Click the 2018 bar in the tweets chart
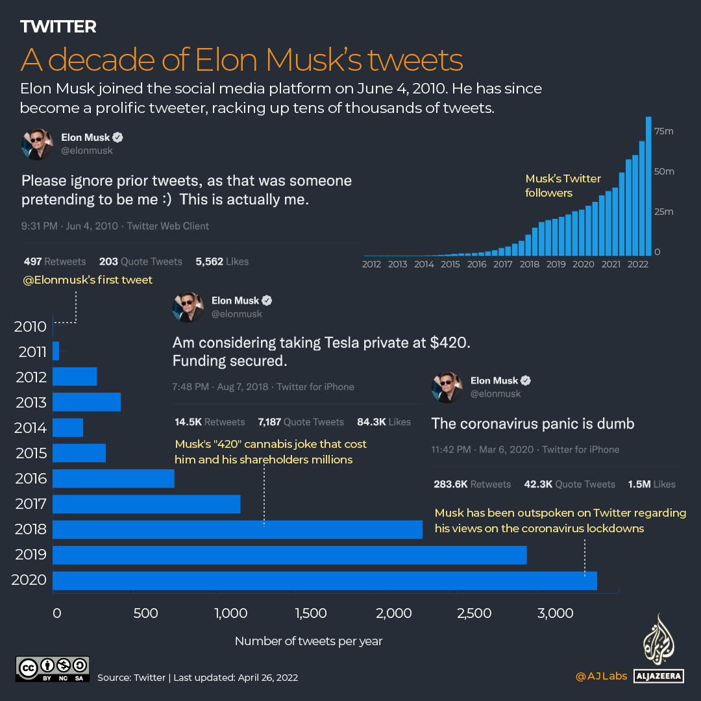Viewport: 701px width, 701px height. coord(238,530)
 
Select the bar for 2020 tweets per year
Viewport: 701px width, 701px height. coord(325,580)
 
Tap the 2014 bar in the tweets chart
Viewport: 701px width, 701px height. coord(68,428)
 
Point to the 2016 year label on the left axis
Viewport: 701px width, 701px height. coord(31,479)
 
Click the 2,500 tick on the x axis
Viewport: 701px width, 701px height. coord(474,613)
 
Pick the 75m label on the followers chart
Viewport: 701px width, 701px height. coord(665,132)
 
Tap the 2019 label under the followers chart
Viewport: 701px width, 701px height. coord(556,265)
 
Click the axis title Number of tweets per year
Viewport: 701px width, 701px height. coord(308,641)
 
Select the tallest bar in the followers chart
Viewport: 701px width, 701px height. coord(648,186)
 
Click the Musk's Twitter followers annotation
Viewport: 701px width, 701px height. coord(563,186)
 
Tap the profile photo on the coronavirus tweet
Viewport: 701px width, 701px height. coord(447,387)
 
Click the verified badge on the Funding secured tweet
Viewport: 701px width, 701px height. coord(267,301)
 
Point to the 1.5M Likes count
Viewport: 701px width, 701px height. coord(651,484)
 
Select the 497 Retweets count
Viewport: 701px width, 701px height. coord(55,262)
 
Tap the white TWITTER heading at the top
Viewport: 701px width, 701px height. coord(58,27)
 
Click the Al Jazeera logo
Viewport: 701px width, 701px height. coord(659,649)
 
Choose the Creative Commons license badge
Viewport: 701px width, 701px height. coord(53,669)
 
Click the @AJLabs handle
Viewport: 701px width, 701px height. coord(601,676)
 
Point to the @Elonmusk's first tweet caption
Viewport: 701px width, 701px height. coord(88,280)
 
